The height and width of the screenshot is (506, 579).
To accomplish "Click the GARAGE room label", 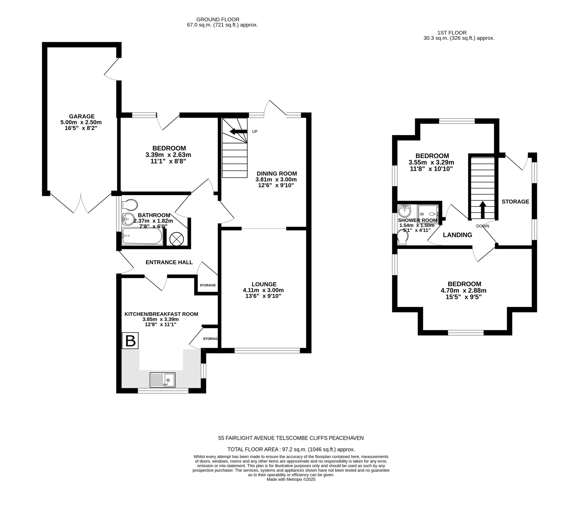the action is [x=82, y=116].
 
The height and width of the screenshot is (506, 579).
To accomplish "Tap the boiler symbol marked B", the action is [x=130, y=341].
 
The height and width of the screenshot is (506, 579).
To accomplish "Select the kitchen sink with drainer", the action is [x=163, y=380].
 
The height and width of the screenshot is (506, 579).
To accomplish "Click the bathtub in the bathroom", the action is [x=142, y=236].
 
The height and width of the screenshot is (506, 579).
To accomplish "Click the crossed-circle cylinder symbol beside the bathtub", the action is [x=177, y=239].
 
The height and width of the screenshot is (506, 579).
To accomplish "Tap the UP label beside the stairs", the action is [x=254, y=131].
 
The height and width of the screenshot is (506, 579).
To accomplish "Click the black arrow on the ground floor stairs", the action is [x=238, y=131].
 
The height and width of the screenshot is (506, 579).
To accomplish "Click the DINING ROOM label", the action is [x=277, y=173].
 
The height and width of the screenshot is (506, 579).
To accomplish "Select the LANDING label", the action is [x=457, y=235].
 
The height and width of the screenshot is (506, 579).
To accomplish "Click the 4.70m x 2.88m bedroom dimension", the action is [x=464, y=291].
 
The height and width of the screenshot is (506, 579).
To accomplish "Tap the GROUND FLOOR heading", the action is [x=218, y=19].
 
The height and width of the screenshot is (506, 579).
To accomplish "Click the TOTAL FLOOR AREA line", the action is [x=291, y=449].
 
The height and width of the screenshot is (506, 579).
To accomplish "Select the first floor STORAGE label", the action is [x=515, y=202].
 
